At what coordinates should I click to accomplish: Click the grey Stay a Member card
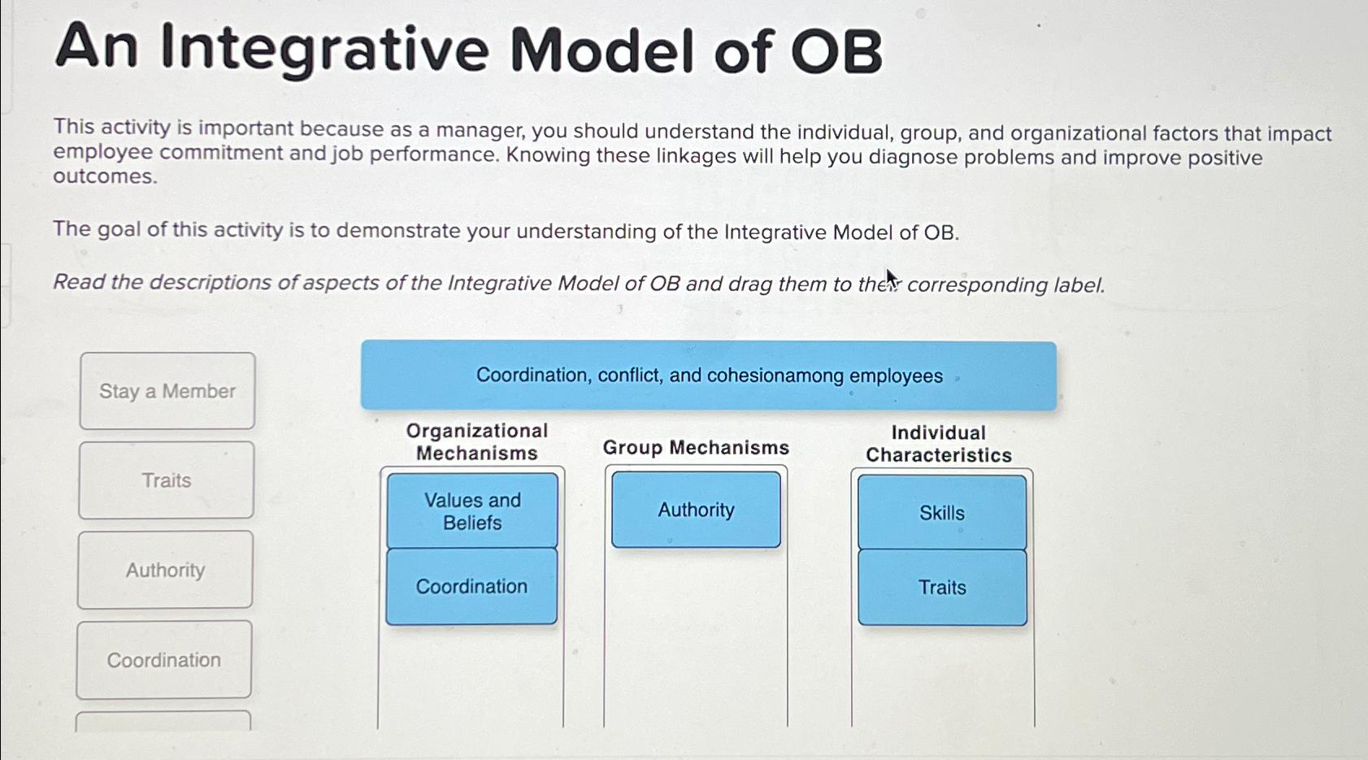coord(167,390)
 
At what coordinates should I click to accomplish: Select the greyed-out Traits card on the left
coord(166,480)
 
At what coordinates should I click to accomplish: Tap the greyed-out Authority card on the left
coord(165,569)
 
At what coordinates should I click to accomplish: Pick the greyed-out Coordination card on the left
coord(163,660)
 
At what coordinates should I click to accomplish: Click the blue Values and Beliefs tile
coord(472,510)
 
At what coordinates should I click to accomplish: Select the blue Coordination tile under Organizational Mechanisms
coord(471,587)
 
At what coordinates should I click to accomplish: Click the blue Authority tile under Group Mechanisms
coord(697,510)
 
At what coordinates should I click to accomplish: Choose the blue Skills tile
coord(942,513)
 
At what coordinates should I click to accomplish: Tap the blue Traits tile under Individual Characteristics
coord(942,588)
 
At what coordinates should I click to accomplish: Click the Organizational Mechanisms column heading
coord(477,441)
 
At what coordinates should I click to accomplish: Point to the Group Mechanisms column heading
coord(696,448)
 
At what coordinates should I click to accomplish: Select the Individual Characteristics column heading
coord(939,444)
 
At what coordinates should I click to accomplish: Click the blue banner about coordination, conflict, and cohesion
coord(709,375)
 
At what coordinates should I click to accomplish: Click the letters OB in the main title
coord(836,51)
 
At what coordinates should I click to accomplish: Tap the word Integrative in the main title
coord(325,50)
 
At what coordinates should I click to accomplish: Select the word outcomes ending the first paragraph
coord(105,176)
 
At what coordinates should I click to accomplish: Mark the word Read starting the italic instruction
coord(79,281)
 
